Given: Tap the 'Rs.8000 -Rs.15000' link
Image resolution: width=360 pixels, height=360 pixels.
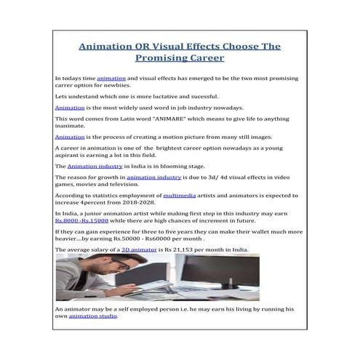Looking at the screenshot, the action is pos(80,220).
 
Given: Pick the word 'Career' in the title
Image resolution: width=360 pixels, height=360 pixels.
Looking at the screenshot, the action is pos(205,57).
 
